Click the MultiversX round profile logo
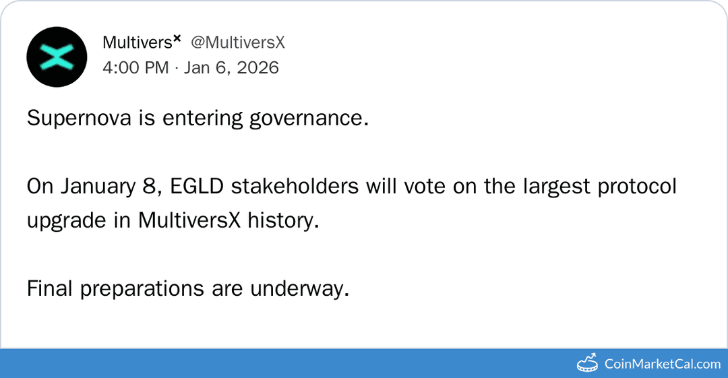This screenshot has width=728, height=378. click(x=57, y=57)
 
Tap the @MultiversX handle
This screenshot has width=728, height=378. click(x=238, y=42)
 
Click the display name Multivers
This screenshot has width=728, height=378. click(x=138, y=42)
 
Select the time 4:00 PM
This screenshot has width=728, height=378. click(x=135, y=67)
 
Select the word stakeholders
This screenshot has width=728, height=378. click(x=295, y=187)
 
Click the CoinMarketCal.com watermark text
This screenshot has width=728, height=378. click(x=662, y=364)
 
